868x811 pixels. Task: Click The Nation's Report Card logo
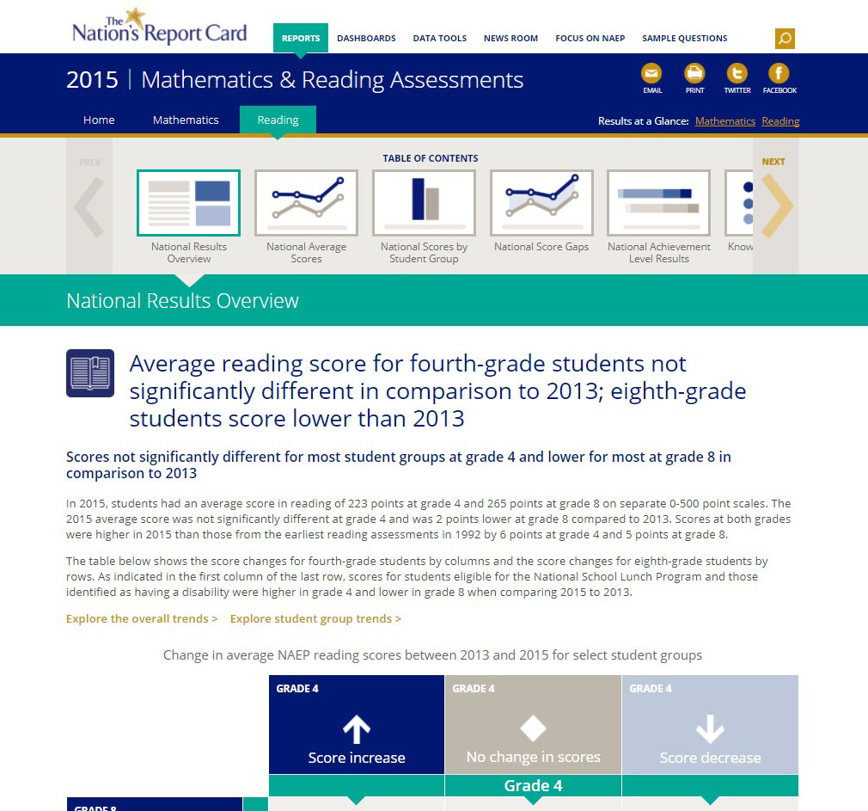point(159,28)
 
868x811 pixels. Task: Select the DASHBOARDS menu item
point(366,39)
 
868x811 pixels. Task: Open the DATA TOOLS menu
point(439,39)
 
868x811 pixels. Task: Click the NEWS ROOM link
point(510,39)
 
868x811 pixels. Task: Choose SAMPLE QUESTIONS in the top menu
point(684,39)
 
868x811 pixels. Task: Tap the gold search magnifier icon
point(784,39)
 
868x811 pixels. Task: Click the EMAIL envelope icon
point(652,74)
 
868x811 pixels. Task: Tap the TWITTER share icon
point(737,74)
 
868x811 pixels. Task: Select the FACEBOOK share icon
point(779,74)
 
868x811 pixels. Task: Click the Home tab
point(99,120)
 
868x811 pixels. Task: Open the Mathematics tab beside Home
point(186,120)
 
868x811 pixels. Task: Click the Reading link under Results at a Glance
point(780,121)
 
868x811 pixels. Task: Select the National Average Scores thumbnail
point(306,203)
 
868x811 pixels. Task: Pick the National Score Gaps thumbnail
point(541,203)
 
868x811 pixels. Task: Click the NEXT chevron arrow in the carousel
point(776,206)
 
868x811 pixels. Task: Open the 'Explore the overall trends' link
point(142,618)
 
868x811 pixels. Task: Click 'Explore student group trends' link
point(315,618)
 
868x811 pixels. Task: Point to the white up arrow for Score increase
point(357,729)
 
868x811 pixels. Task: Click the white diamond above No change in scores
point(533,728)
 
